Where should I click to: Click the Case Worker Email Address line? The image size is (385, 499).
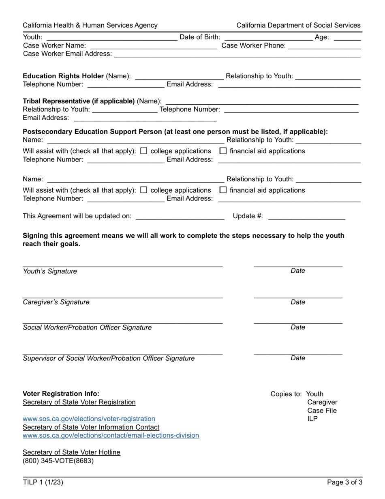[237, 54]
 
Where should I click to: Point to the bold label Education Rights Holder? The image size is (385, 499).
[63, 76]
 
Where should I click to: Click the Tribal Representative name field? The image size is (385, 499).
[262, 101]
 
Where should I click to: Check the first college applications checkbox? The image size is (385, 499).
[143, 151]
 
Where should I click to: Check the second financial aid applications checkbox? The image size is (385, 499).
[223, 190]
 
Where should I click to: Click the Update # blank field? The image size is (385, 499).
[307, 217]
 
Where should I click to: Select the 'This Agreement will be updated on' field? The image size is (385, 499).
[180, 217]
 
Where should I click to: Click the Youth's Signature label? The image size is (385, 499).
[50, 271]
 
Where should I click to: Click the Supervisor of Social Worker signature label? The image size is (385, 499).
[109, 358]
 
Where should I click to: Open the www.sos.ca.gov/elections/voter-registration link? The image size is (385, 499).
[89, 419]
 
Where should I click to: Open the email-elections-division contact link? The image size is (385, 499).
[111, 435]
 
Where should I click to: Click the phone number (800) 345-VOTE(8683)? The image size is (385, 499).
[58, 461]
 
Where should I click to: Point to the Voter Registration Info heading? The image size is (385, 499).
[61, 394]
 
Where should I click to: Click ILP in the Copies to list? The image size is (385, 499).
[312, 419]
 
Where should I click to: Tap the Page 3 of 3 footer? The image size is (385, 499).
[345, 482]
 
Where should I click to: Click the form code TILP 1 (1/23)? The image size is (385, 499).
[43, 482]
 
